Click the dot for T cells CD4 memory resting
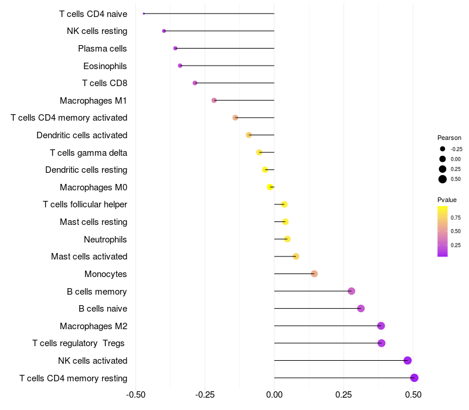click(x=414, y=378)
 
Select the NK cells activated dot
click(x=407, y=361)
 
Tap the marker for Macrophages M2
click(x=381, y=326)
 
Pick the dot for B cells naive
click(x=361, y=309)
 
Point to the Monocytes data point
click(x=314, y=274)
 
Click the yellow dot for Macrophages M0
click(x=270, y=187)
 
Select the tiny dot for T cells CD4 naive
click(x=144, y=13)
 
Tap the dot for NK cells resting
click(x=164, y=31)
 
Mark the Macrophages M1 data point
click(x=214, y=100)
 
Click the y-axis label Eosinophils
click(x=105, y=66)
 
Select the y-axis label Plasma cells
click(x=103, y=49)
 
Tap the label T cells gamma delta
click(x=89, y=153)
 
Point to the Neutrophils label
click(x=106, y=239)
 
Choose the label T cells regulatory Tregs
click(x=80, y=343)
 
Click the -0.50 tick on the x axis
click(x=135, y=395)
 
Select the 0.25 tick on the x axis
click(x=344, y=395)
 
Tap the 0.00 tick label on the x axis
click(x=274, y=395)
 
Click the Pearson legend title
click(x=449, y=138)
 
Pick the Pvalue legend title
click(x=447, y=200)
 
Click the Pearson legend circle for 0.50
click(x=443, y=179)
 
